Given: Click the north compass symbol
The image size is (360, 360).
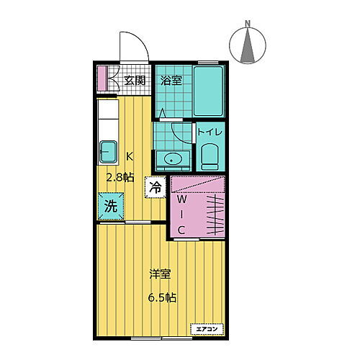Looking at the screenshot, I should pyautogui.click(x=248, y=45).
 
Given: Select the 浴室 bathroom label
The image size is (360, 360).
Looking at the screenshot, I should pyautogui.click(x=170, y=80).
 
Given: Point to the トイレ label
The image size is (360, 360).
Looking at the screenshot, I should pyautogui.click(x=210, y=132).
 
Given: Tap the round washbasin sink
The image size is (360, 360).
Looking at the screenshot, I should pyautogui.click(x=173, y=159).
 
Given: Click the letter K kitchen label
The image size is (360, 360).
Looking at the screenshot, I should pyautogui.click(x=130, y=156).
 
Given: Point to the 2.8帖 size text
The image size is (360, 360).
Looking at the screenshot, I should pyautogui.click(x=120, y=178).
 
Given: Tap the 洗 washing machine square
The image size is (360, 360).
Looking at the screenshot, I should pyautogui.click(x=110, y=205).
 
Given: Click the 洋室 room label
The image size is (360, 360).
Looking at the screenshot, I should pyautogui.click(x=161, y=274).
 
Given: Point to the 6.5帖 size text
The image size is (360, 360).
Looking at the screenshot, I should pyautogui.click(x=163, y=297).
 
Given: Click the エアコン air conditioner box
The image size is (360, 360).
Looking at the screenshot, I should pyautogui.click(x=206, y=329).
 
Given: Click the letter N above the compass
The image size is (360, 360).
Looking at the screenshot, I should pyautogui.click(x=247, y=23).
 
